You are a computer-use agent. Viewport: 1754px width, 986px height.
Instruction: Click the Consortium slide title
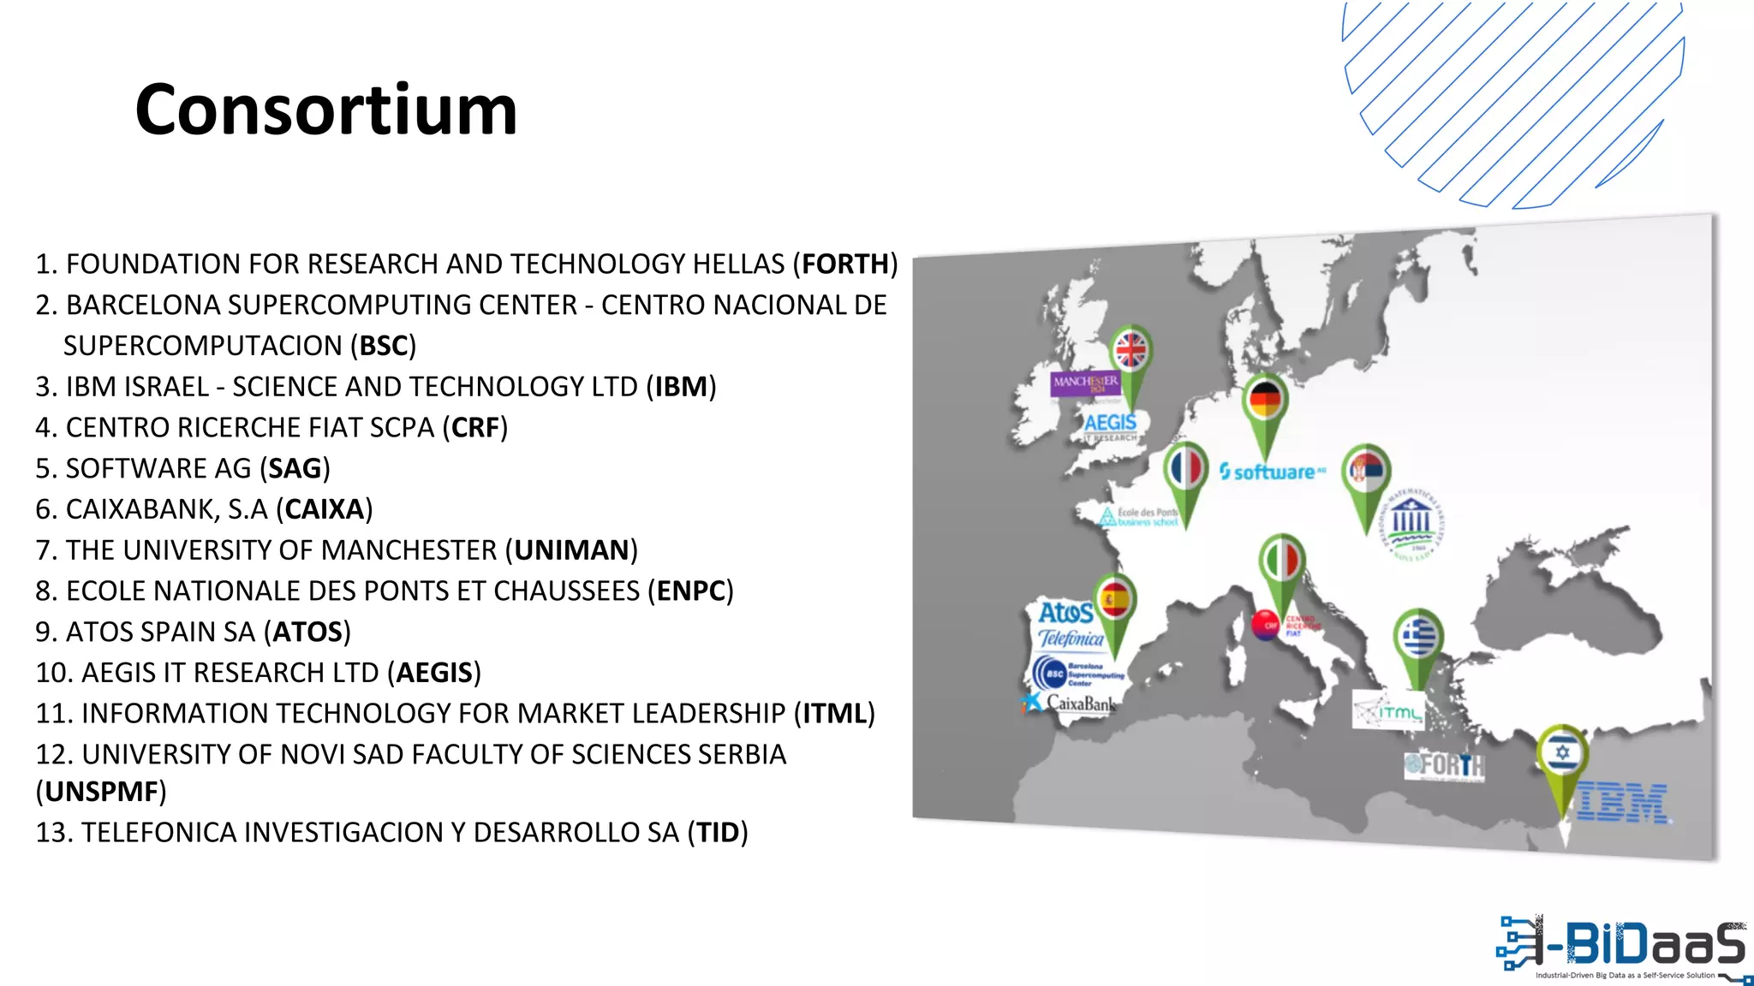(x=326, y=110)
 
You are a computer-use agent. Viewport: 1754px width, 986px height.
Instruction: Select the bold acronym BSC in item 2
(x=383, y=346)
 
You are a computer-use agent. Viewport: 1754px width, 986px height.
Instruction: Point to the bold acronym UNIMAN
(x=571, y=550)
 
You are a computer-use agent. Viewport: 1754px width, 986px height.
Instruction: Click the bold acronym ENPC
(x=691, y=591)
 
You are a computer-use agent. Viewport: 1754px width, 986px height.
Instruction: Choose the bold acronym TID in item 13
(x=718, y=833)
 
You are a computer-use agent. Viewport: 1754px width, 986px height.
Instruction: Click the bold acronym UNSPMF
(x=101, y=792)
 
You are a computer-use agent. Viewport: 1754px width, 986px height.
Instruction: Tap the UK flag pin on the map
(x=1131, y=351)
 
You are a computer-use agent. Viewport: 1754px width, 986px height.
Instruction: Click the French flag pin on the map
(x=1186, y=469)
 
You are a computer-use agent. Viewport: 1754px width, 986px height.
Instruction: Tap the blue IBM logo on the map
(x=1622, y=803)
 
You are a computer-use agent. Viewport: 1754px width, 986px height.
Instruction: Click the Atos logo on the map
(x=1065, y=613)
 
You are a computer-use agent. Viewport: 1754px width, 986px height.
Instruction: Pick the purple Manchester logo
(x=1085, y=383)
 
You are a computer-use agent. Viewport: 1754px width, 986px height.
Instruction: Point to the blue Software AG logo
(x=1272, y=472)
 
